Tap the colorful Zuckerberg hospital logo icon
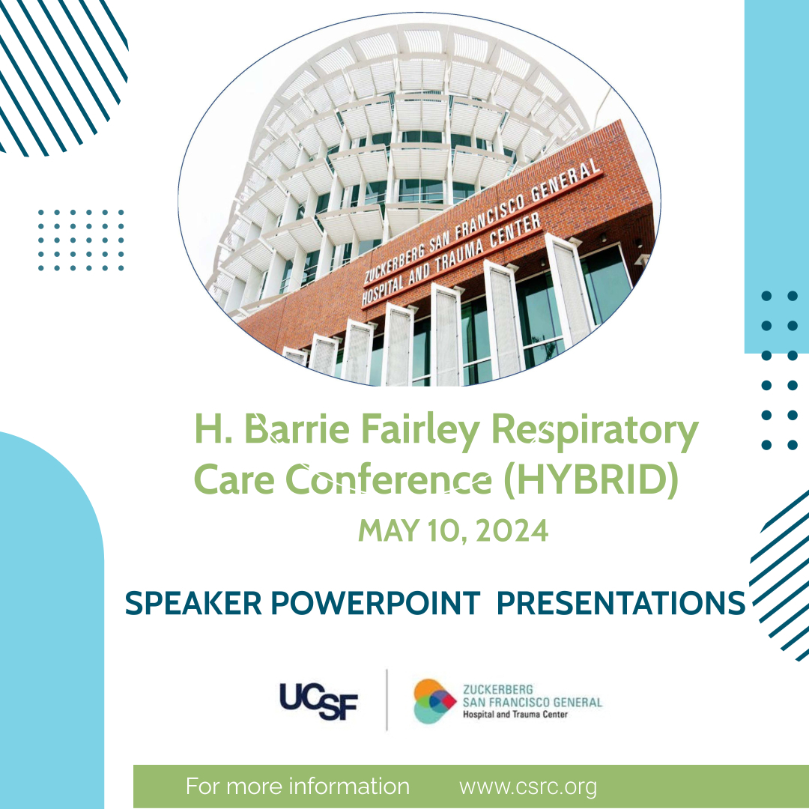click(434, 700)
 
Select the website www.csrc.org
click(528, 787)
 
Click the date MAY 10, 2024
click(453, 530)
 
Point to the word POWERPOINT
click(375, 602)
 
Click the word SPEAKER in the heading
click(193, 602)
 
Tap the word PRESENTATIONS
click(621, 602)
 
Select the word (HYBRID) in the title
click(591, 479)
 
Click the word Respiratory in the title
click(595, 430)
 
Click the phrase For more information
click(297, 787)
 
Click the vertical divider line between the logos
click(387, 700)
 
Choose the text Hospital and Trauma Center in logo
click(515, 715)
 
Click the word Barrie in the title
click(297, 428)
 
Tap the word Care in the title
click(234, 479)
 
